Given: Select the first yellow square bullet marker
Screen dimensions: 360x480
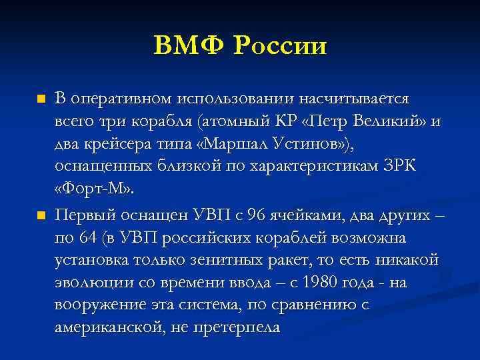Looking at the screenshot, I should coord(41,99).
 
